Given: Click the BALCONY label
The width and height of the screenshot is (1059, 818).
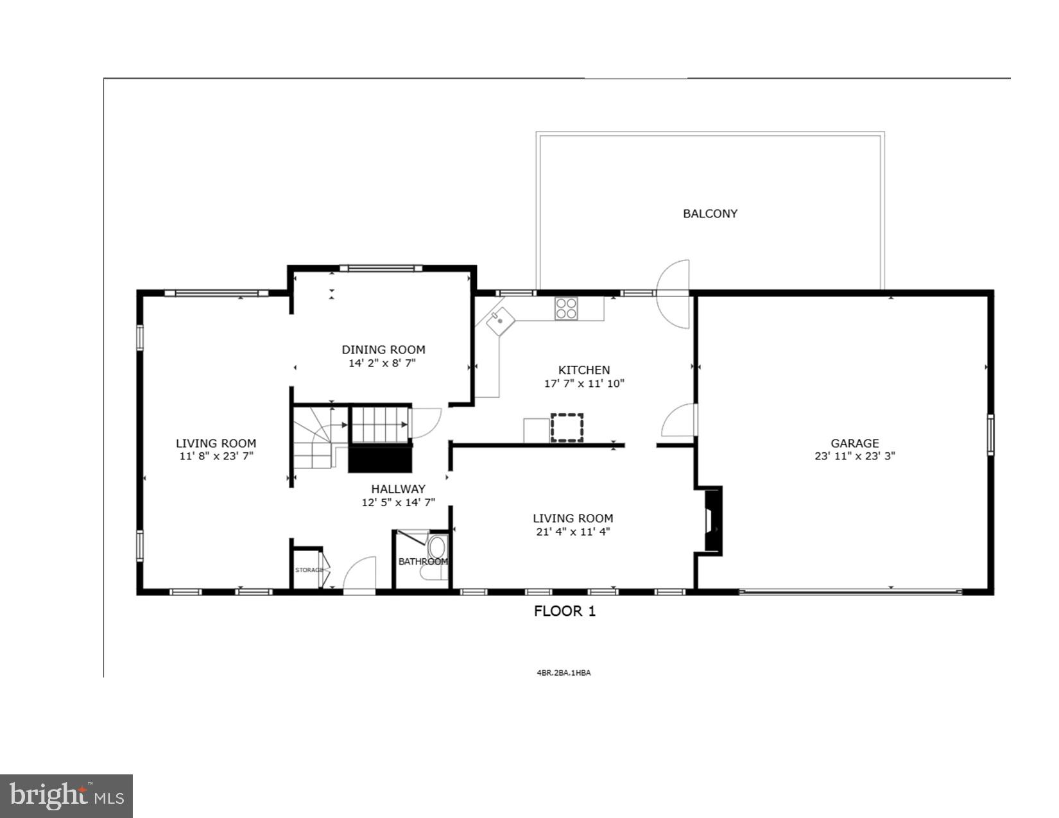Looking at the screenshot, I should click(710, 214).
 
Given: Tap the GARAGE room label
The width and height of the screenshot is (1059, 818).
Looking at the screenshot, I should click(854, 443).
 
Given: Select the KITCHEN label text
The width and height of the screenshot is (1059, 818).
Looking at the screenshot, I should click(583, 370).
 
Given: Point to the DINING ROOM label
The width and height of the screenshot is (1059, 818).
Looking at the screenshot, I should click(383, 350).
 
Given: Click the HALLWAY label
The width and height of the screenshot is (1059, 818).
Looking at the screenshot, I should click(398, 489).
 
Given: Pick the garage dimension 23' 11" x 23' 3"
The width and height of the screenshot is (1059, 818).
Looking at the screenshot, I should click(854, 456).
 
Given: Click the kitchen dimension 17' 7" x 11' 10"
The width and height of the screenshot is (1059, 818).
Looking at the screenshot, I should click(583, 384).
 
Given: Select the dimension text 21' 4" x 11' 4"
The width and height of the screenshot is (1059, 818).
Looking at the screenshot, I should click(573, 531).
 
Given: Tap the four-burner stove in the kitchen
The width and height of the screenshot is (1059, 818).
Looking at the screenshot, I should click(565, 309).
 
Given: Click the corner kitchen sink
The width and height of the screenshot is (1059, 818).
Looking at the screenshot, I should click(501, 320).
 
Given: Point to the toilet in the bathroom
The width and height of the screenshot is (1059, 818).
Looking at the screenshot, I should click(437, 550).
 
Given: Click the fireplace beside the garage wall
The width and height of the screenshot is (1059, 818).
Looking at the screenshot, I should click(712, 520).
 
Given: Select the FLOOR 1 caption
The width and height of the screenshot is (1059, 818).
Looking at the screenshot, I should click(565, 611).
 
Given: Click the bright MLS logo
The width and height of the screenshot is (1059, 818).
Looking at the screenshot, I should click(66, 796).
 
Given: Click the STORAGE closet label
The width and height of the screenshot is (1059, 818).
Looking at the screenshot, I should click(309, 570).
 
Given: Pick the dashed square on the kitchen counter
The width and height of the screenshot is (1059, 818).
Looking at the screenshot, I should click(567, 428).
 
